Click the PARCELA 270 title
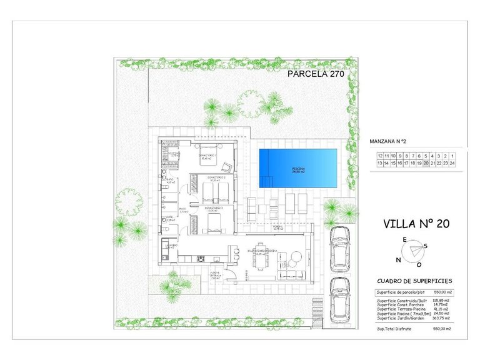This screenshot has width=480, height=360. coord(316,74)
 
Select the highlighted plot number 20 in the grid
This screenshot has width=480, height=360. coord(426,163)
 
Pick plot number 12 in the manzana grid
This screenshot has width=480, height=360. coord(379,156)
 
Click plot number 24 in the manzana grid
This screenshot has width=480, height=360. coord(452,163)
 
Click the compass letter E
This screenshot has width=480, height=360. coord(404,240)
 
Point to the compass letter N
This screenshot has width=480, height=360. coord(398,260)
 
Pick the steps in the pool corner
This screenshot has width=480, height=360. coord(266,181)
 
